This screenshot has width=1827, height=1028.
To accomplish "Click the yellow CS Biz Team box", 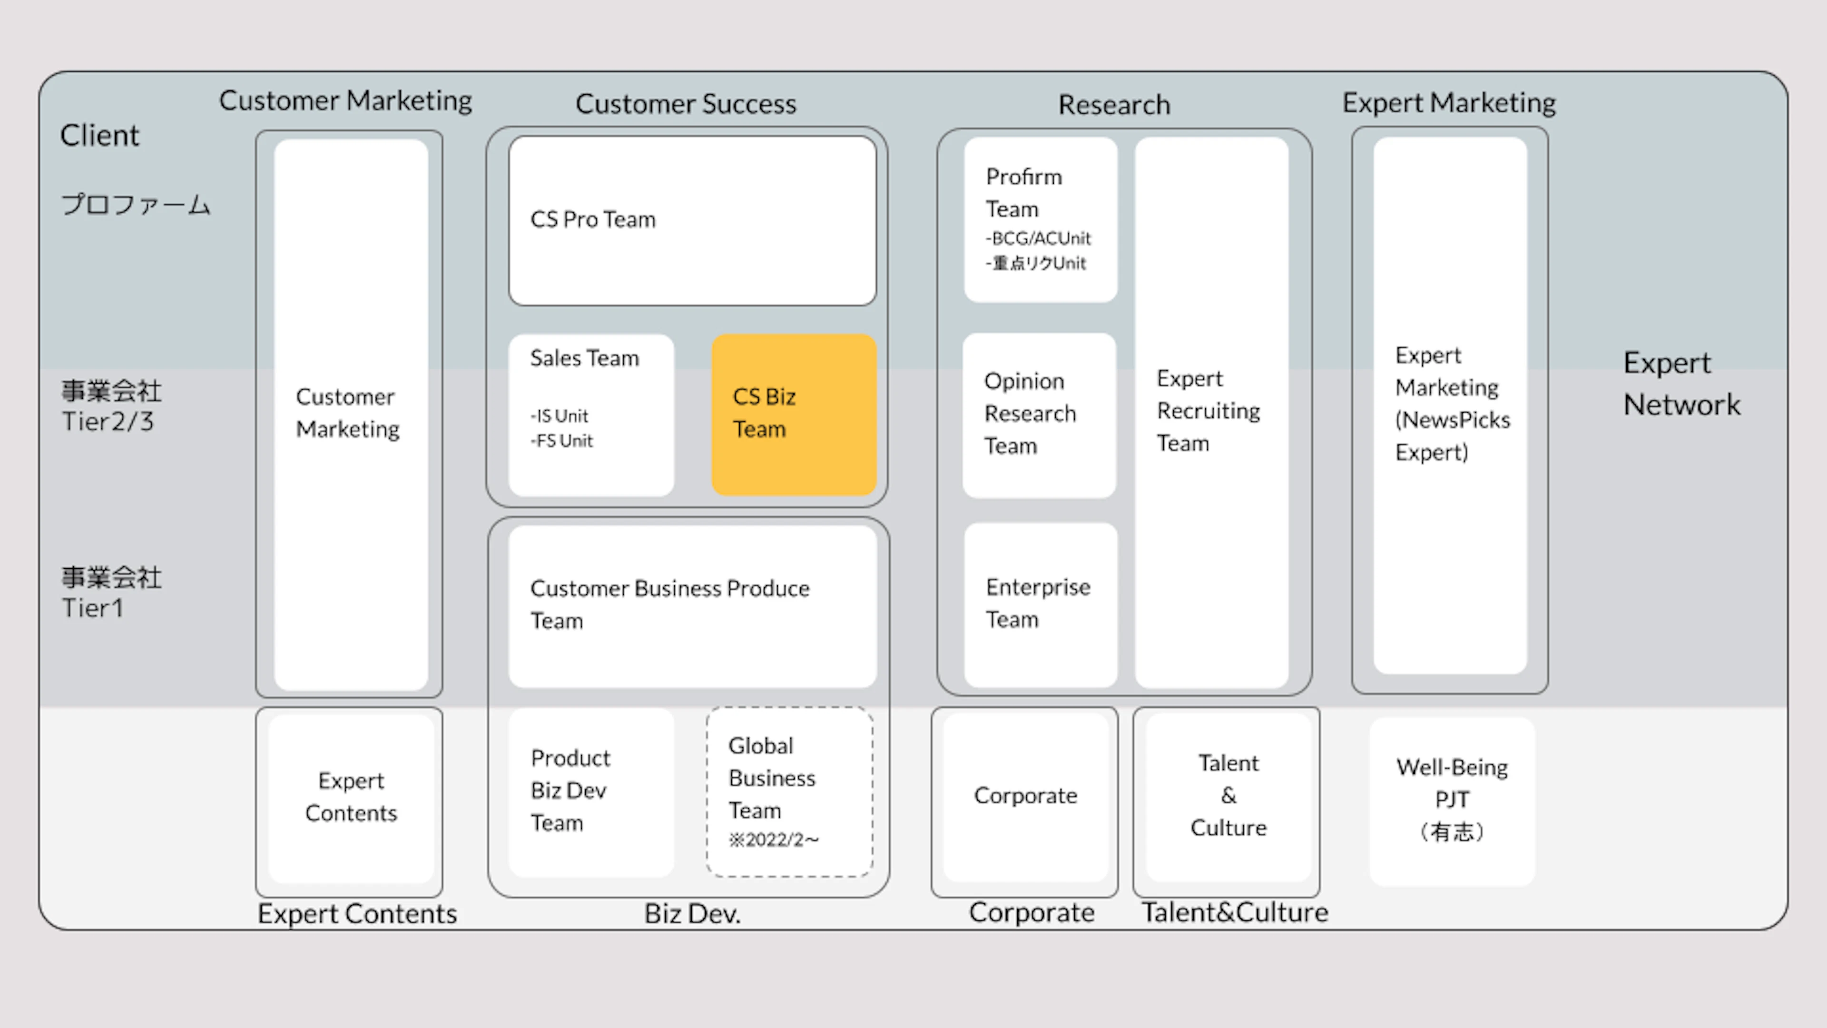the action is click(x=794, y=415).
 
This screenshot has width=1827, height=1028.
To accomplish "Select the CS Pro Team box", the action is click(x=692, y=221).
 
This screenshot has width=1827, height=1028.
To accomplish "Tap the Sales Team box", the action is click(x=591, y=415).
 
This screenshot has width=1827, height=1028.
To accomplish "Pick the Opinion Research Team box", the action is click(x=1039, y=415).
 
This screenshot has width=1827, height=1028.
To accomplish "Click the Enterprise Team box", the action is click(x=1041, y=604).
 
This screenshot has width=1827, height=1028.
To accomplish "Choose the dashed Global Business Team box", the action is click(x=789, y=792).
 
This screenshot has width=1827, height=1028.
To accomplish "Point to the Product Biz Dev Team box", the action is click(x=591, y=792).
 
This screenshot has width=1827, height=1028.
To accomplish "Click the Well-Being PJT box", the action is click(x=1452, y=801).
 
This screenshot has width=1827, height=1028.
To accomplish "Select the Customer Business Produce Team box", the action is click(x=692, y=606).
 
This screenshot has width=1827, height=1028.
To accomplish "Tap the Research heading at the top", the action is click(x=1114, y=105).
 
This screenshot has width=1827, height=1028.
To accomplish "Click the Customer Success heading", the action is click(x=686, y=104).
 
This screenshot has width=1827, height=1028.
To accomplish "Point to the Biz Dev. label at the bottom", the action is click(x=692, y=914).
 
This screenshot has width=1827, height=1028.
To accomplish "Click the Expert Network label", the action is click(x=1681, y=384).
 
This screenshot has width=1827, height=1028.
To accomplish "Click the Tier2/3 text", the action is click(x=108, y=421).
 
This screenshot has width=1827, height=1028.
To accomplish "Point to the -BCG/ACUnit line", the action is click(x=1038, y=238).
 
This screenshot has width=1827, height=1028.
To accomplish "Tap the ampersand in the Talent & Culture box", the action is click(x=1228, y=795).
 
